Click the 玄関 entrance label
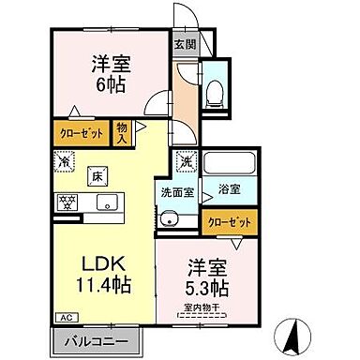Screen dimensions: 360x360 coord(185,42)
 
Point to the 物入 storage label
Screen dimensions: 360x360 coord(122,132)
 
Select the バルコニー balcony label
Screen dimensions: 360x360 coord(96,342)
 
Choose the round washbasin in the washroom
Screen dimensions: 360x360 coord(169,220)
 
